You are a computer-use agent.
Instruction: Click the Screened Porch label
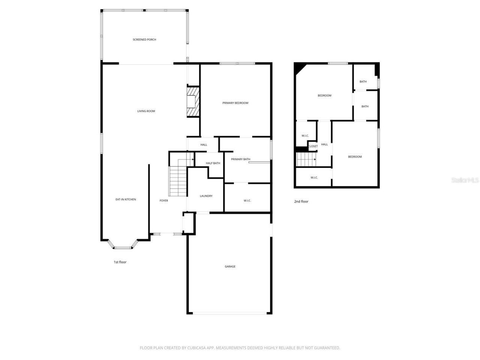point(144,39)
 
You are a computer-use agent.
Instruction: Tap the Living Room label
point(146,111)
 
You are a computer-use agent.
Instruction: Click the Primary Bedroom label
point(235,103)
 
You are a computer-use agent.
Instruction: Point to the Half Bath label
point(213,163)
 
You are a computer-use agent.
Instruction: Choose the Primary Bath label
point(240,159)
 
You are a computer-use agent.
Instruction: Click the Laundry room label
point(206,196)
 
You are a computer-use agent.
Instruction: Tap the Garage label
point(230,266)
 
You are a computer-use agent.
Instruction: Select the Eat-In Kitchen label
point(126,199)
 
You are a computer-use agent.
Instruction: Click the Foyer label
point(164,201)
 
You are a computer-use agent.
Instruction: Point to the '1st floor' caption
point(120,262)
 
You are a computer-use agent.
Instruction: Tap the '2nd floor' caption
point(301,201)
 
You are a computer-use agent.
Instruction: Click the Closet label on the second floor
point(313,146)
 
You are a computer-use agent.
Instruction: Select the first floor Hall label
point(204,145)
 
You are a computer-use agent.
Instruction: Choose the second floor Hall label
point(324,144)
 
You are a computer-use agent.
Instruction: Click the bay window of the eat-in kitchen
point(123,246)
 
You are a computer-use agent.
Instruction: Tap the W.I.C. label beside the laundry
point(247,201)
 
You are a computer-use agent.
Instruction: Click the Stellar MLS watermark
point(465,180)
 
